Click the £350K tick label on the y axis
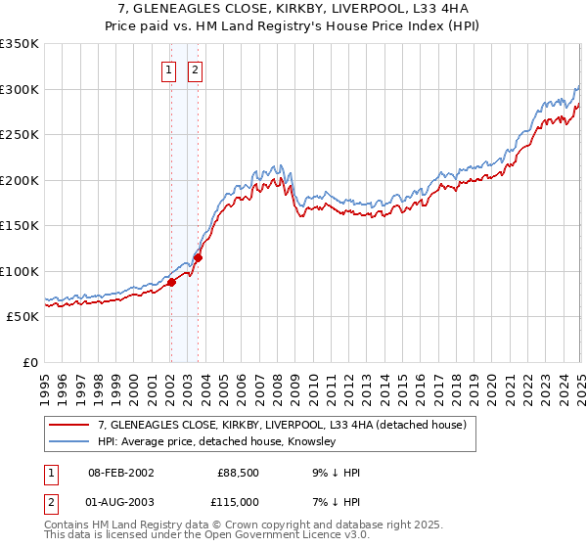point(19,44)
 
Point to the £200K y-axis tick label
point(19,180)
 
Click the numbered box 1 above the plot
point(169,69)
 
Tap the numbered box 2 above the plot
point(196,69)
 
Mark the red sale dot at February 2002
point(171,282)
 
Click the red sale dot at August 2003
point(198,258)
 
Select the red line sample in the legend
point(69,426)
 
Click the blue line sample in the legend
point(69,442)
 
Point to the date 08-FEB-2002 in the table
point(120,473)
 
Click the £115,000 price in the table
point(238,501)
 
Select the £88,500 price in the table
point(238,473)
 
